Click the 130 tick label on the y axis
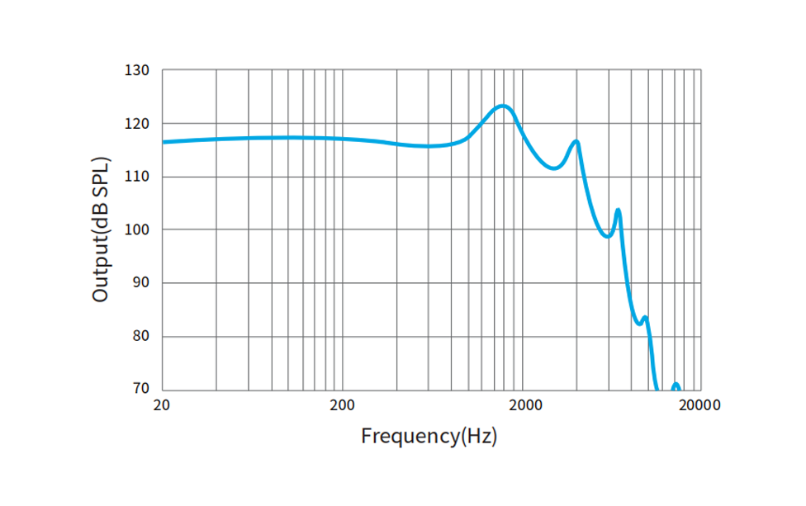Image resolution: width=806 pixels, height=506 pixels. (x=138, y=71)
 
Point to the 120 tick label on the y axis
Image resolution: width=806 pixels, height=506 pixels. (x=138, y=124)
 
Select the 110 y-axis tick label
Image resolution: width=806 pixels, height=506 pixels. (x=138, y=177)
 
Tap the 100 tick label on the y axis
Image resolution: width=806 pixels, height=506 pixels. (x=138, y=230)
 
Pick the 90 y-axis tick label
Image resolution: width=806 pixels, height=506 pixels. (x=141, y=283)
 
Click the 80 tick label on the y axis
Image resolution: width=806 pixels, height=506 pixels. (x=141, y=337)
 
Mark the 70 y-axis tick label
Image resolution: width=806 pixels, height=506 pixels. (x=141, y=390)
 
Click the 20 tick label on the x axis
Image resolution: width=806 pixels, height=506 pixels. (x=162, y=405)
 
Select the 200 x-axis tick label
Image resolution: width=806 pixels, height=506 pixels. (x=342, y=405)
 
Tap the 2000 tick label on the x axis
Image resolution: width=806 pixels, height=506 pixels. (x=525, y=405)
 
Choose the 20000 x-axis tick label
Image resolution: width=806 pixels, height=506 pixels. (x=700, y=405)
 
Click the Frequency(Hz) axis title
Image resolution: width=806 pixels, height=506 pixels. (x=429, y=436)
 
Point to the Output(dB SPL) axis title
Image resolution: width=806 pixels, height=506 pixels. (x=101, y=229)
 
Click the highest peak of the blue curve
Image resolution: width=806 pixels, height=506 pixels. (x=502, y=106)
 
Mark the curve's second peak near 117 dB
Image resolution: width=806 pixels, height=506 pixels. (x=576, y=142)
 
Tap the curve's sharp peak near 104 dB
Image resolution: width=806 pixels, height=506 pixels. (x=618, y=210)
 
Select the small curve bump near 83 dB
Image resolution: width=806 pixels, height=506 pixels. (x=645, y=317)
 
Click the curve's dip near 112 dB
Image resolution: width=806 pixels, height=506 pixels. (x=555, y=168)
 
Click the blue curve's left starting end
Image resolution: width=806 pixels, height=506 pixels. (x=164, y=142)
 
